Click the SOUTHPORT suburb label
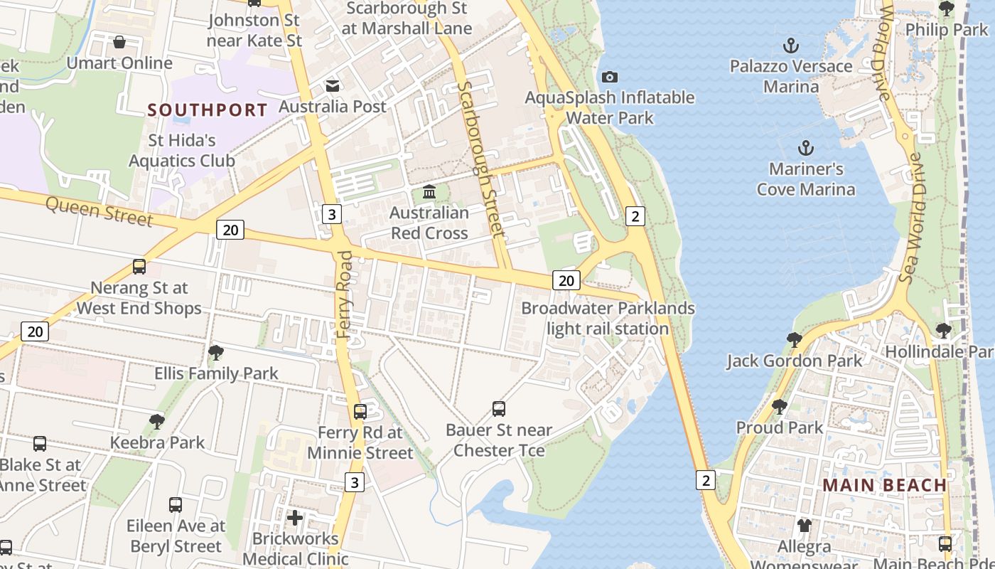pos(208,110)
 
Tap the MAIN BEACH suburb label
pos(884,485)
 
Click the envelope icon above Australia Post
pos(332,86)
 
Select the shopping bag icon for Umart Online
pos(119,43)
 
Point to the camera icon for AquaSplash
pos(609,77)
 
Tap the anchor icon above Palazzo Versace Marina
pos(790,46)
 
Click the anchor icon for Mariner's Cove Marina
pos(805,149)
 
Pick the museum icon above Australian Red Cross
pos(429,192)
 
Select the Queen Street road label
pos(99,211)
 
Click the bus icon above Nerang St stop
pos(139,267)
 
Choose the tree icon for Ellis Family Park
pos(216,353)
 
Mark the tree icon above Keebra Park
pos(157,422)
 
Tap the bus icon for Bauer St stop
pos(499,409)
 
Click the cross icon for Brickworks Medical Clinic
pos(295,518)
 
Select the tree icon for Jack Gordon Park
pos(794,340)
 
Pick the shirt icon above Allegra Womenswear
pos(804,526)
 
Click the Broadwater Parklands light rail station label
pos(608,318)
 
